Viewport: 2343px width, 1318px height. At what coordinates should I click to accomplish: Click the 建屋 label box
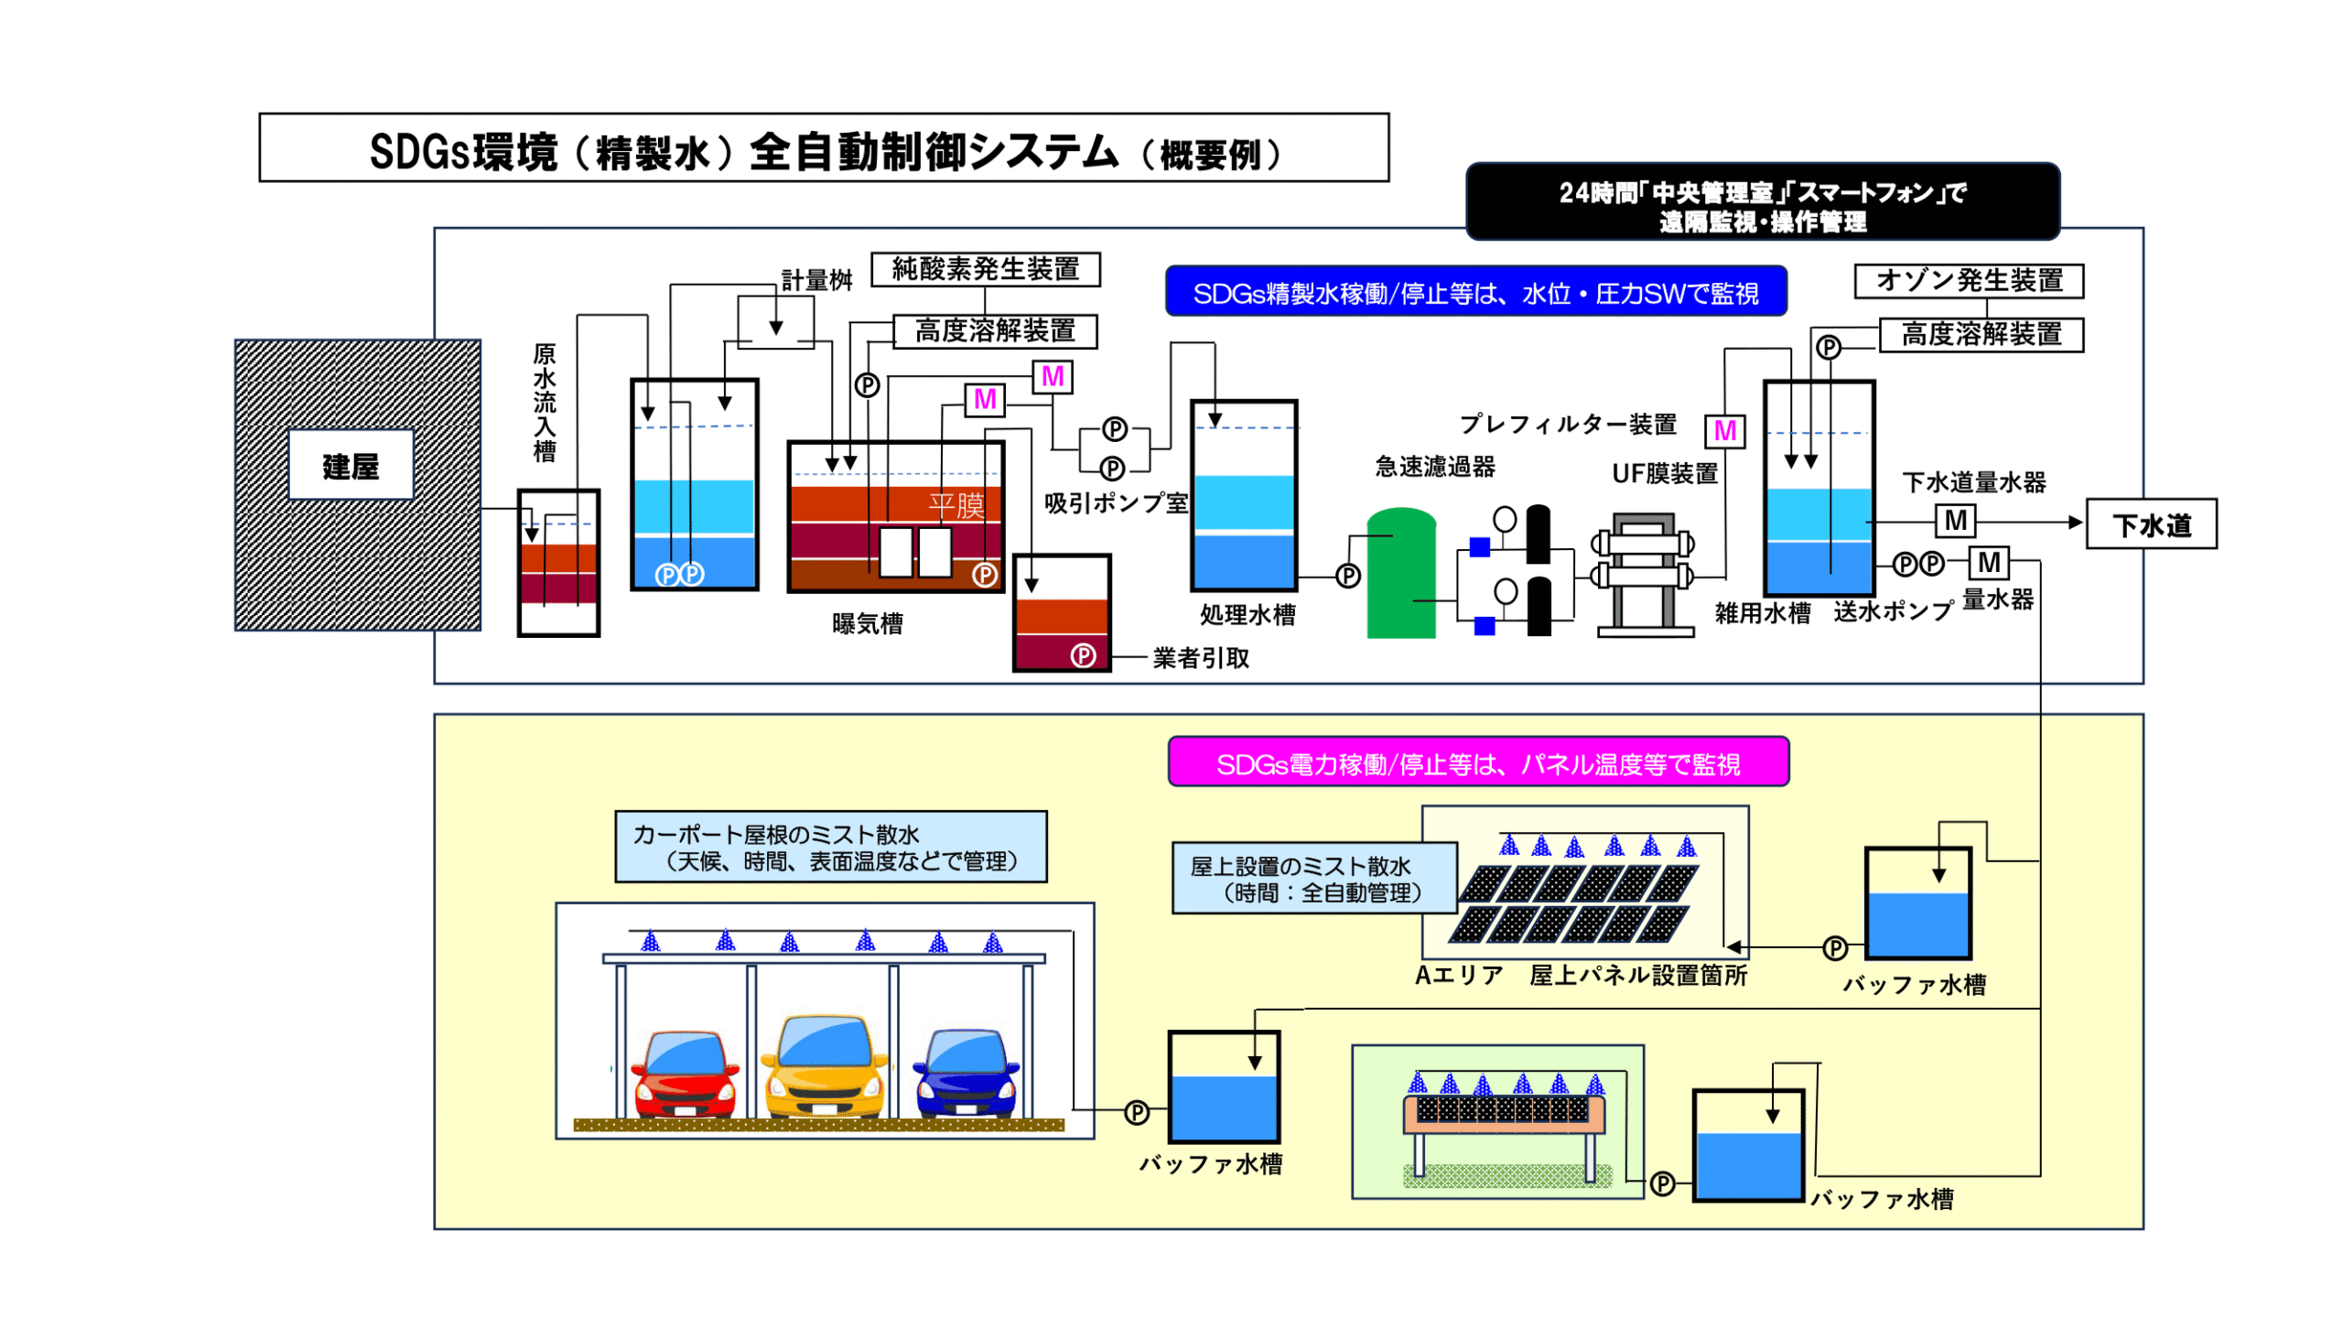pyautogui.click(x=350, y=465)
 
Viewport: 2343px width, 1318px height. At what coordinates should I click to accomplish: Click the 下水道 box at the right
pyautogui.click(x=2150, y=524)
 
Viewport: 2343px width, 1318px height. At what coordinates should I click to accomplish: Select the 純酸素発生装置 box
pyautogui.click(x=985, y=269)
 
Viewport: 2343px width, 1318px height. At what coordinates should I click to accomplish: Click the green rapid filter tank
pyautogui.click(x=1400, y=575)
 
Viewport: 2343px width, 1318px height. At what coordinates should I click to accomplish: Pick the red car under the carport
pyautogui.click(x=685, y=1075)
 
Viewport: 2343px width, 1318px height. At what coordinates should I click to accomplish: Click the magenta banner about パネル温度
pyautogui.click(x=1477, y=762)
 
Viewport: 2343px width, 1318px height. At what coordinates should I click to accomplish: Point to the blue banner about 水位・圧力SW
pyautogui.click(x=1474, y=292)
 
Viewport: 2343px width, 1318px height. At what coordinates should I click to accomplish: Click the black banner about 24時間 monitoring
pyautogui.click(x=1761, y=203)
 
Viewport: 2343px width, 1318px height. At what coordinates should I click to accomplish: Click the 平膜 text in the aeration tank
pyautogui.click(x=956, y=505)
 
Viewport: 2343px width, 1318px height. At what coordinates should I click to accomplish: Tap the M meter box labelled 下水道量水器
pyautogui.click(x=1955, y=521)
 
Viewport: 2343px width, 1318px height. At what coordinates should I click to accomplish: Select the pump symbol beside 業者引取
pyautogui.click(x=1083, y=655)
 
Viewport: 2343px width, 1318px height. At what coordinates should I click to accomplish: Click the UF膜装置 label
pyautogui.click(x=1664, y=473)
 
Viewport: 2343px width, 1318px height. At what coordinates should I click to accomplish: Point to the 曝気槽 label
pyautogui.click(x=867, y=623)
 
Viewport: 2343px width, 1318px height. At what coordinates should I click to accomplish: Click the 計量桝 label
pyautogui.click(x=815, y=280)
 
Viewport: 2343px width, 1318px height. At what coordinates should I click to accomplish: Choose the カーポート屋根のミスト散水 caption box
pyautogui.click(x=830, y=847)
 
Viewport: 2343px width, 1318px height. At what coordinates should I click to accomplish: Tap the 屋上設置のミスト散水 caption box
pyautogui.click(x=1313, y=878)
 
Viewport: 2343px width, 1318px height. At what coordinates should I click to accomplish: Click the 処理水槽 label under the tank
pyautogui.click(x=1247, y=614)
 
